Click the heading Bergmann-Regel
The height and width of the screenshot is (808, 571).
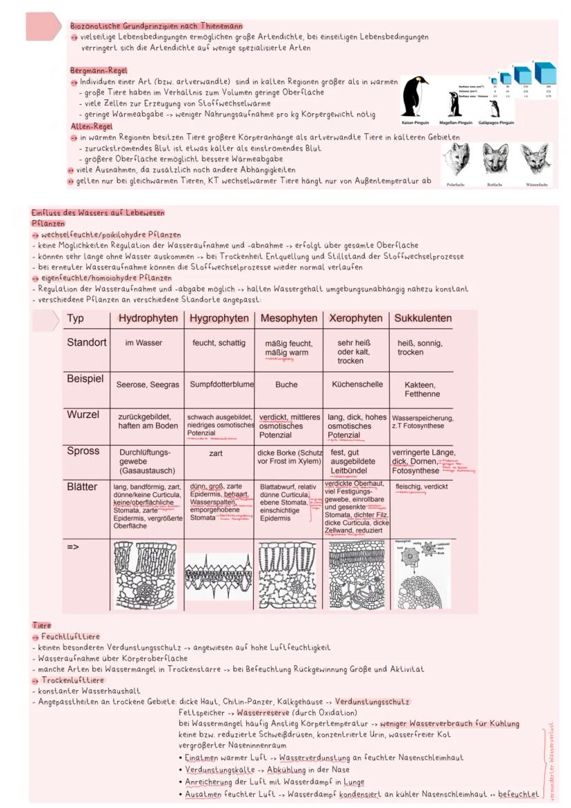[x=89, y=70]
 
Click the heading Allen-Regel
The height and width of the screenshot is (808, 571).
[x=91, y=127]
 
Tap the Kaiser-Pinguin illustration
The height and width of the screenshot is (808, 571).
[x=414, y=97]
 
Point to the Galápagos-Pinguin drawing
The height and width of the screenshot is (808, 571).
[x=494, y=109]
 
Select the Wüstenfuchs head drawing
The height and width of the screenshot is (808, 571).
[x=535, y=160]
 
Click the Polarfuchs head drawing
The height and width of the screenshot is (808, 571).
[x=456, y=160]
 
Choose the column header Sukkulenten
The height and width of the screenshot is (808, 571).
[x=423, y=318]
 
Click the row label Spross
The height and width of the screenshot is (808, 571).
[x=83, y=451]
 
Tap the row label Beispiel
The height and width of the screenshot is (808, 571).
[x=85, y=380]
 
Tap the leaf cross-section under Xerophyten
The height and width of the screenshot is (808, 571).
[x=356, y=573]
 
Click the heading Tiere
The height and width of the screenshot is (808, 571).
[x=41, y=626]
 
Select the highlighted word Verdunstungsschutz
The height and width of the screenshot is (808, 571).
[x=372, y=702]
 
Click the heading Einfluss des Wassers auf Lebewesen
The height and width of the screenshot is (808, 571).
[x=98, y=213]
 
